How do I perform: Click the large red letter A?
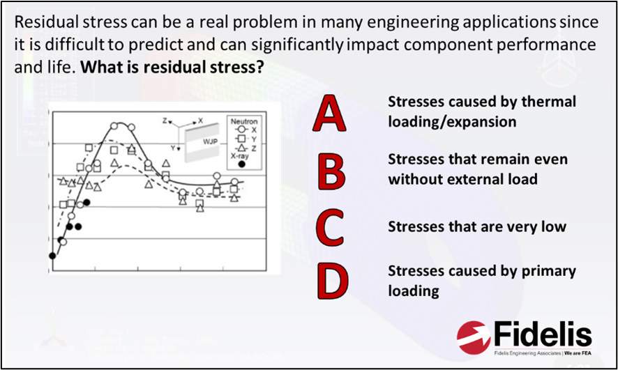pyautogui.click(x=330, y=115)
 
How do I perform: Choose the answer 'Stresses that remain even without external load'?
pyautogui.click(x=477, y=169)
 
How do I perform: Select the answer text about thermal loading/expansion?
pyautogui.click(x=481, y=111)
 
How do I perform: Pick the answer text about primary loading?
pyautogui.click(x=481, y=280)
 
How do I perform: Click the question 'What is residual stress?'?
pyautogui.click(x=172, y=68)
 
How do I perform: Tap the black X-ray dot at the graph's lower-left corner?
pyautogui.click(x=52, y=256)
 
